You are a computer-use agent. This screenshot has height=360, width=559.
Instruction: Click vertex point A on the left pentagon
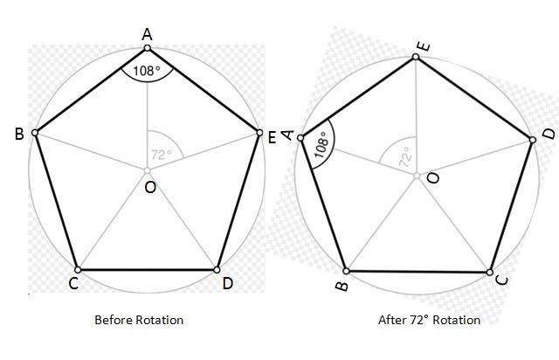tap(148, 47)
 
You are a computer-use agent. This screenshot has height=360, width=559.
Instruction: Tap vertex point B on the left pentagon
tap(35, 133)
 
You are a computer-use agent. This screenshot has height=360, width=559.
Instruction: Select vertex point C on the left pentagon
tap(77, 269)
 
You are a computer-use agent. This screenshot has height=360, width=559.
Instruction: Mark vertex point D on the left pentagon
tap(217, 269)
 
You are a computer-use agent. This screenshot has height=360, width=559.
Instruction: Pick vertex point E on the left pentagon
tap(259, 133)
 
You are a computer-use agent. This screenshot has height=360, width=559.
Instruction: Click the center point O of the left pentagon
tap(148, 170)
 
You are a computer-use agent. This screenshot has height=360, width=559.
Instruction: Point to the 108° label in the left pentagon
tap(147, 69)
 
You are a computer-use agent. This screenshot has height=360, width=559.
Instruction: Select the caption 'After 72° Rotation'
tap(429, 320)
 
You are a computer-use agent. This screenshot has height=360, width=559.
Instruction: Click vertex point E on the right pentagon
tap(416, 58)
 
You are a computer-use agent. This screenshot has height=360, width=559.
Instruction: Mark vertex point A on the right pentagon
tap(300, 138)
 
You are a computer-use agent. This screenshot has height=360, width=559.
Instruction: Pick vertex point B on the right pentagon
tap(347, 271)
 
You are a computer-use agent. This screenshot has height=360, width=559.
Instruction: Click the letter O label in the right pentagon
tap(433, 178)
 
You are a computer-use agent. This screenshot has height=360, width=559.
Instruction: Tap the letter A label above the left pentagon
tap(147, 33)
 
